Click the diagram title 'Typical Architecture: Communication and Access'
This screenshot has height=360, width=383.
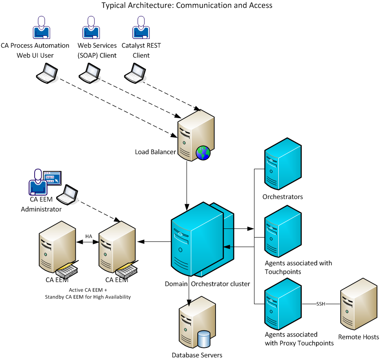pos(187,6)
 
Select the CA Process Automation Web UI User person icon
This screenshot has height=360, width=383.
pos(42,28)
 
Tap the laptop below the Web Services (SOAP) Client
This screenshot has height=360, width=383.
pos(90,72)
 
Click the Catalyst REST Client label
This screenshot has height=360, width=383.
pos(141,50)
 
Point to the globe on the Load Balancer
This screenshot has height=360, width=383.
pos(203,153)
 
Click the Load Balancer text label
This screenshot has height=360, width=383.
pos(155,152)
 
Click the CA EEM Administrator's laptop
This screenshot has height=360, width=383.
pos(68,196)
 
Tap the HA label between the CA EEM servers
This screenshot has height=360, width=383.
pos(89,236)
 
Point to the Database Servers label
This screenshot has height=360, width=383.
pos(197,355)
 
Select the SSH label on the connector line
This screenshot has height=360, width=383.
pos(321,304)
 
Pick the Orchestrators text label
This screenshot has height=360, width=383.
pos(283,197)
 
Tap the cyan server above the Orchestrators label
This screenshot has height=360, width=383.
pos(282,164)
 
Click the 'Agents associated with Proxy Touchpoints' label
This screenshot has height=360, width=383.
pos(299,339)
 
